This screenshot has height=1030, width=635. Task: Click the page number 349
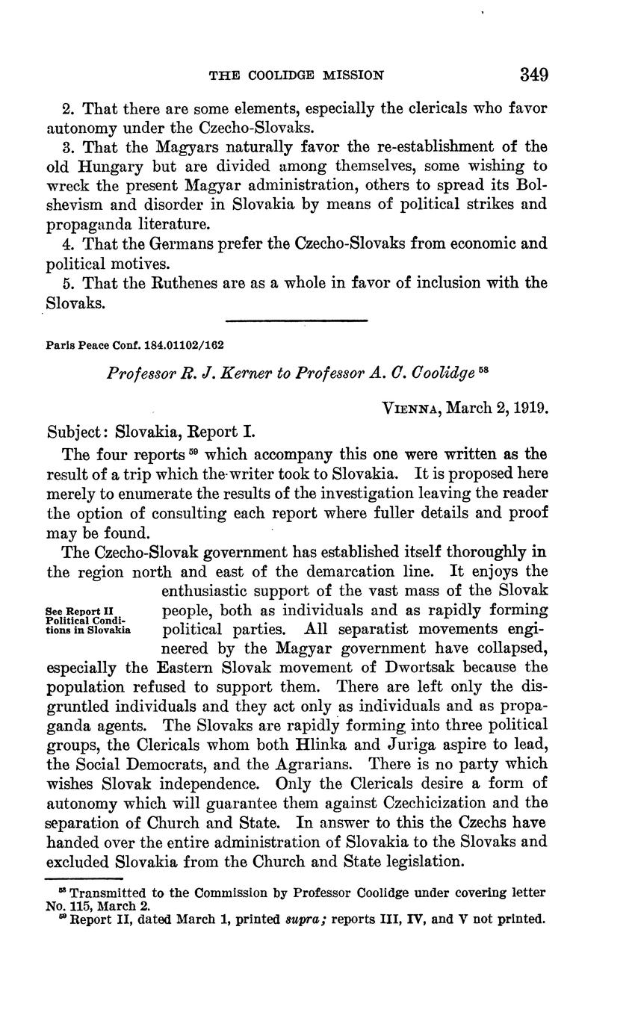click(534, 75)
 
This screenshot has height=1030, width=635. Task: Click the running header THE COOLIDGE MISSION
click(297, 75)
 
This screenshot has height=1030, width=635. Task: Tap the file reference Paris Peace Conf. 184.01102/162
click(135, 346)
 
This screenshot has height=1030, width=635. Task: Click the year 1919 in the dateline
click(531, 409)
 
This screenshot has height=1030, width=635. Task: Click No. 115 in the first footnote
click(65, 906)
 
